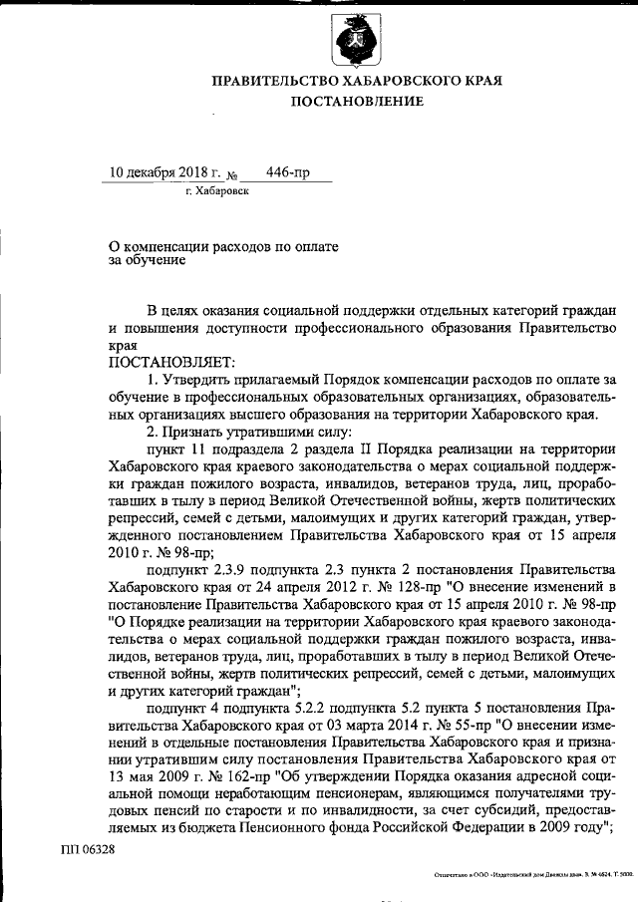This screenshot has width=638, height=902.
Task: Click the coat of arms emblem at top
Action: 356,42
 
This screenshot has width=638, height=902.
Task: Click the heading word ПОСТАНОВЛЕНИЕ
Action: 357,101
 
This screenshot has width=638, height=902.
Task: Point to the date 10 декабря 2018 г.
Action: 156,171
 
